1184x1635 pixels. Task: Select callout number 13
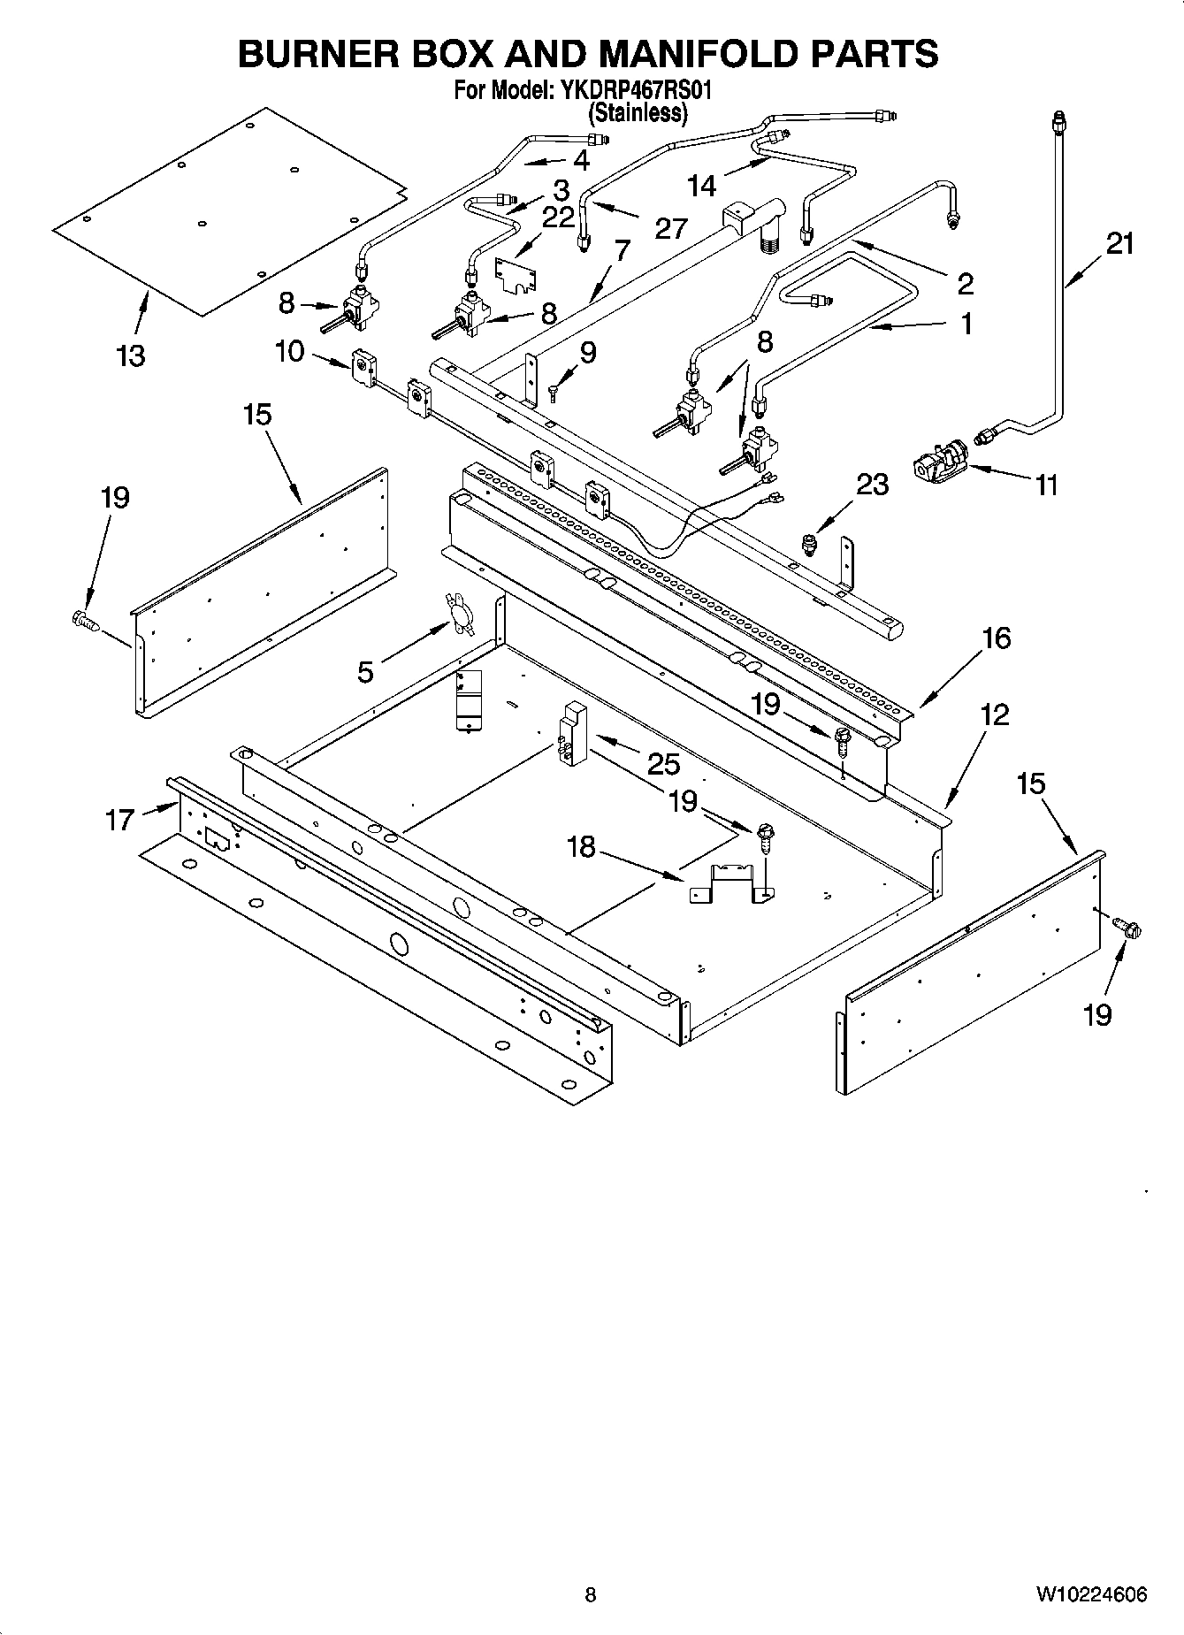[130, 355]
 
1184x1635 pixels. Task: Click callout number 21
[1119, 243]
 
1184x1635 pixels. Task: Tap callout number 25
[663, 765]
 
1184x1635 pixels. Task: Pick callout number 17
[120, 820]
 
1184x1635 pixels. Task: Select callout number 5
[365, 672]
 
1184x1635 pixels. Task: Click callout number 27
[671, 228]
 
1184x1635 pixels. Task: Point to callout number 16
[996, 638]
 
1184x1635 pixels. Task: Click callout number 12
[995, 714]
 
